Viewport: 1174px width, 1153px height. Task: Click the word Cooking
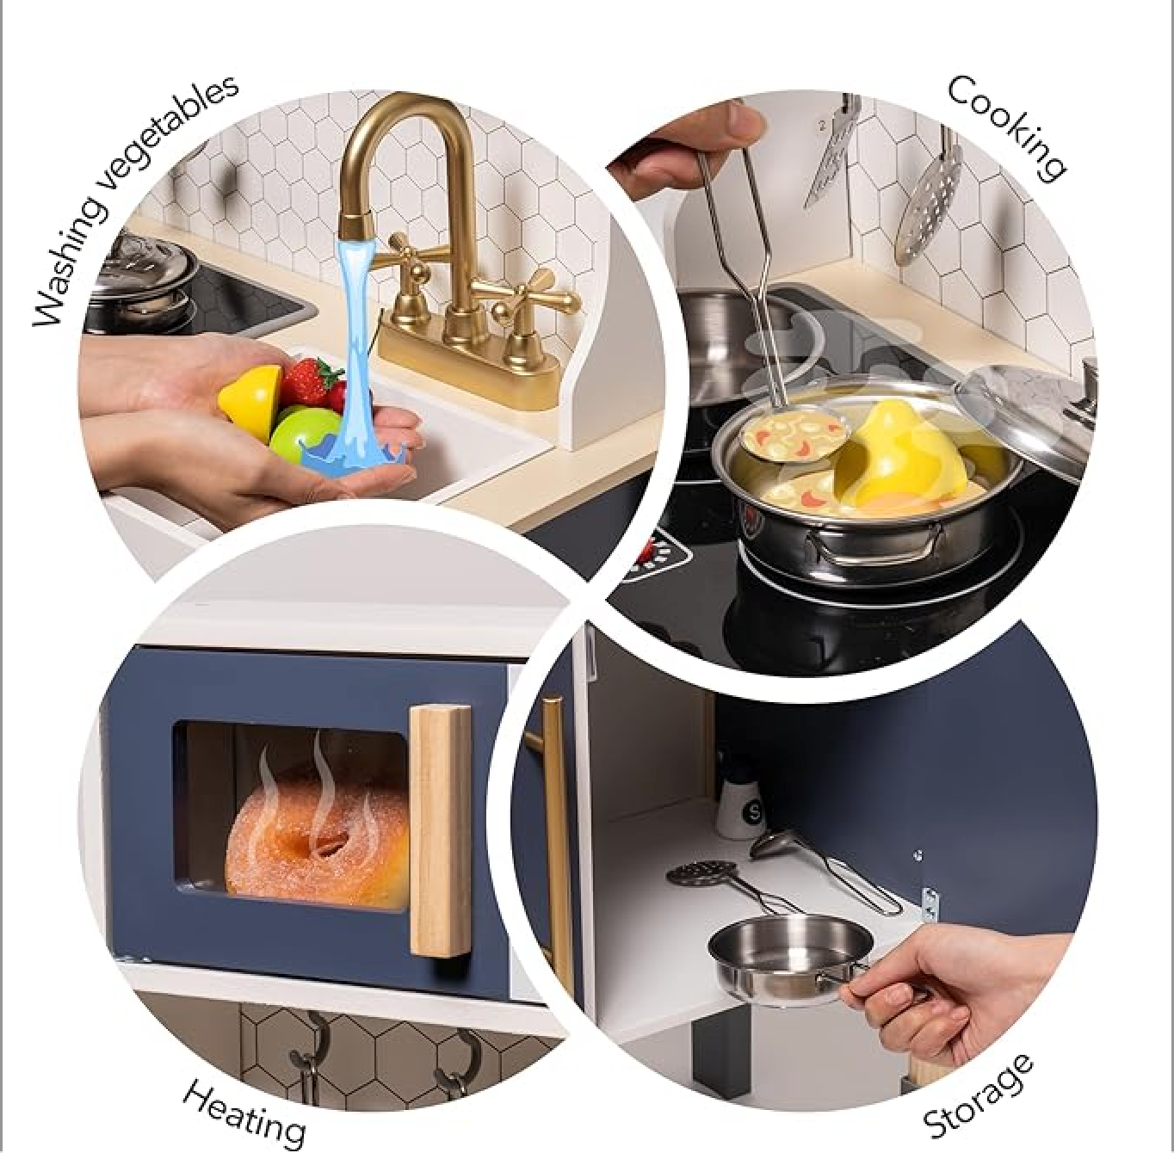coord(1006,128)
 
